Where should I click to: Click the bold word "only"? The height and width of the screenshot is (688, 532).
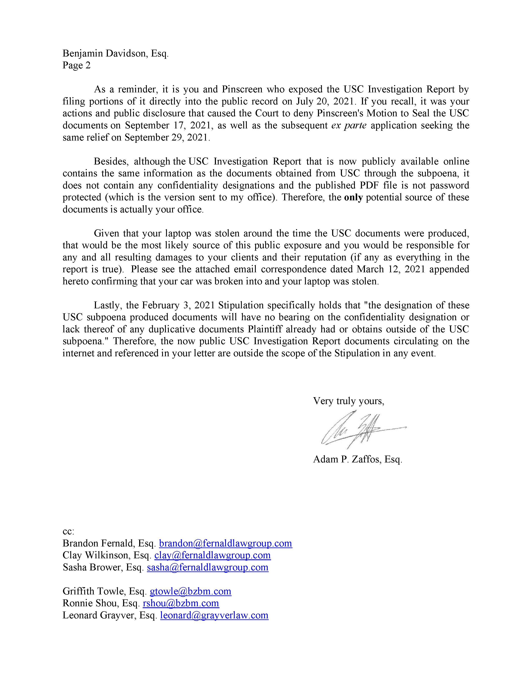point(353,197)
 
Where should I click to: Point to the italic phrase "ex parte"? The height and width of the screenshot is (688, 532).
point(349,125)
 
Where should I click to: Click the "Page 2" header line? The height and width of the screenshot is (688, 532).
point(77,65)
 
